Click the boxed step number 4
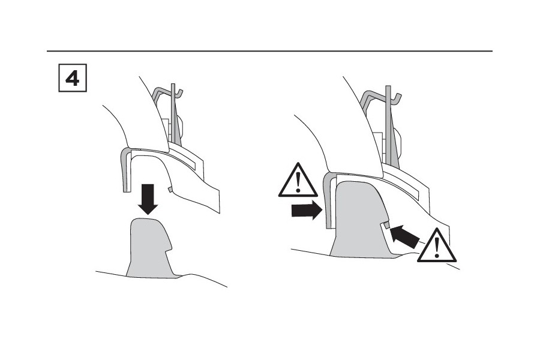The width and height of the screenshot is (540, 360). click(73, 78)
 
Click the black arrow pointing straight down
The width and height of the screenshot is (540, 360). click(148, 199)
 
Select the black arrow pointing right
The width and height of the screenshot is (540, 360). click(307, 210)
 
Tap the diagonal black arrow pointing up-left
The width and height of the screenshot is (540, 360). click(404, 236)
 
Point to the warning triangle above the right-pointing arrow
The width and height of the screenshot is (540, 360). click(298, 181)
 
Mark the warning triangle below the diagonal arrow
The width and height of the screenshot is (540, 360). click(437, 245)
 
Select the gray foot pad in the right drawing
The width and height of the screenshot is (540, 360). click(360, 220)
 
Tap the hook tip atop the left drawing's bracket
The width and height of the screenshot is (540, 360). click(180, 92)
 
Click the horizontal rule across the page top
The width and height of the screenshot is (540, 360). click(269, 51)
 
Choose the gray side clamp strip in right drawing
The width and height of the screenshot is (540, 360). click(328, 201)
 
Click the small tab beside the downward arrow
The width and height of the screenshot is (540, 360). click(169, 189)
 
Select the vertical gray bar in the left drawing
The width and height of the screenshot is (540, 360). click(173, 113)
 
